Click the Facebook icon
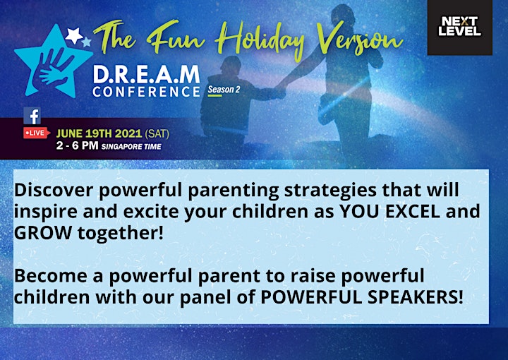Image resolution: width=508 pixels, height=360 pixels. [x=32, y=116]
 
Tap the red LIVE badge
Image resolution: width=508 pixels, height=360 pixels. [x=37, y=133]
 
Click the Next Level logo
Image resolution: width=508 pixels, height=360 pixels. [x=460, y=28]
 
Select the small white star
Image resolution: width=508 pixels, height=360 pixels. [x=74, y=35]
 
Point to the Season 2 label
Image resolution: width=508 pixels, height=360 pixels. [x=224, y=90]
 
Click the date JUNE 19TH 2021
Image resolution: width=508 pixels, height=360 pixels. [x=99, y=133]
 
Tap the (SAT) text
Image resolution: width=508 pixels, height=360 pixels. [x=157, y=133]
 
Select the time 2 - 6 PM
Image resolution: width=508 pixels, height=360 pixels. [x=77, y=145]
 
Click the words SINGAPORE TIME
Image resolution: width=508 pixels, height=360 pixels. [x=131, y=146]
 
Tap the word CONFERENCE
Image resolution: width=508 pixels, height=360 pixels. [x=146, y=92]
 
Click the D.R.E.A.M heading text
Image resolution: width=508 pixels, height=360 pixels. [x=146, y=75]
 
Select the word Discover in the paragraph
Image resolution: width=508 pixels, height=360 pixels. [x=54, y=190]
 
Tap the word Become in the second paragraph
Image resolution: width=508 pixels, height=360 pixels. [x=51, y=276]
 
